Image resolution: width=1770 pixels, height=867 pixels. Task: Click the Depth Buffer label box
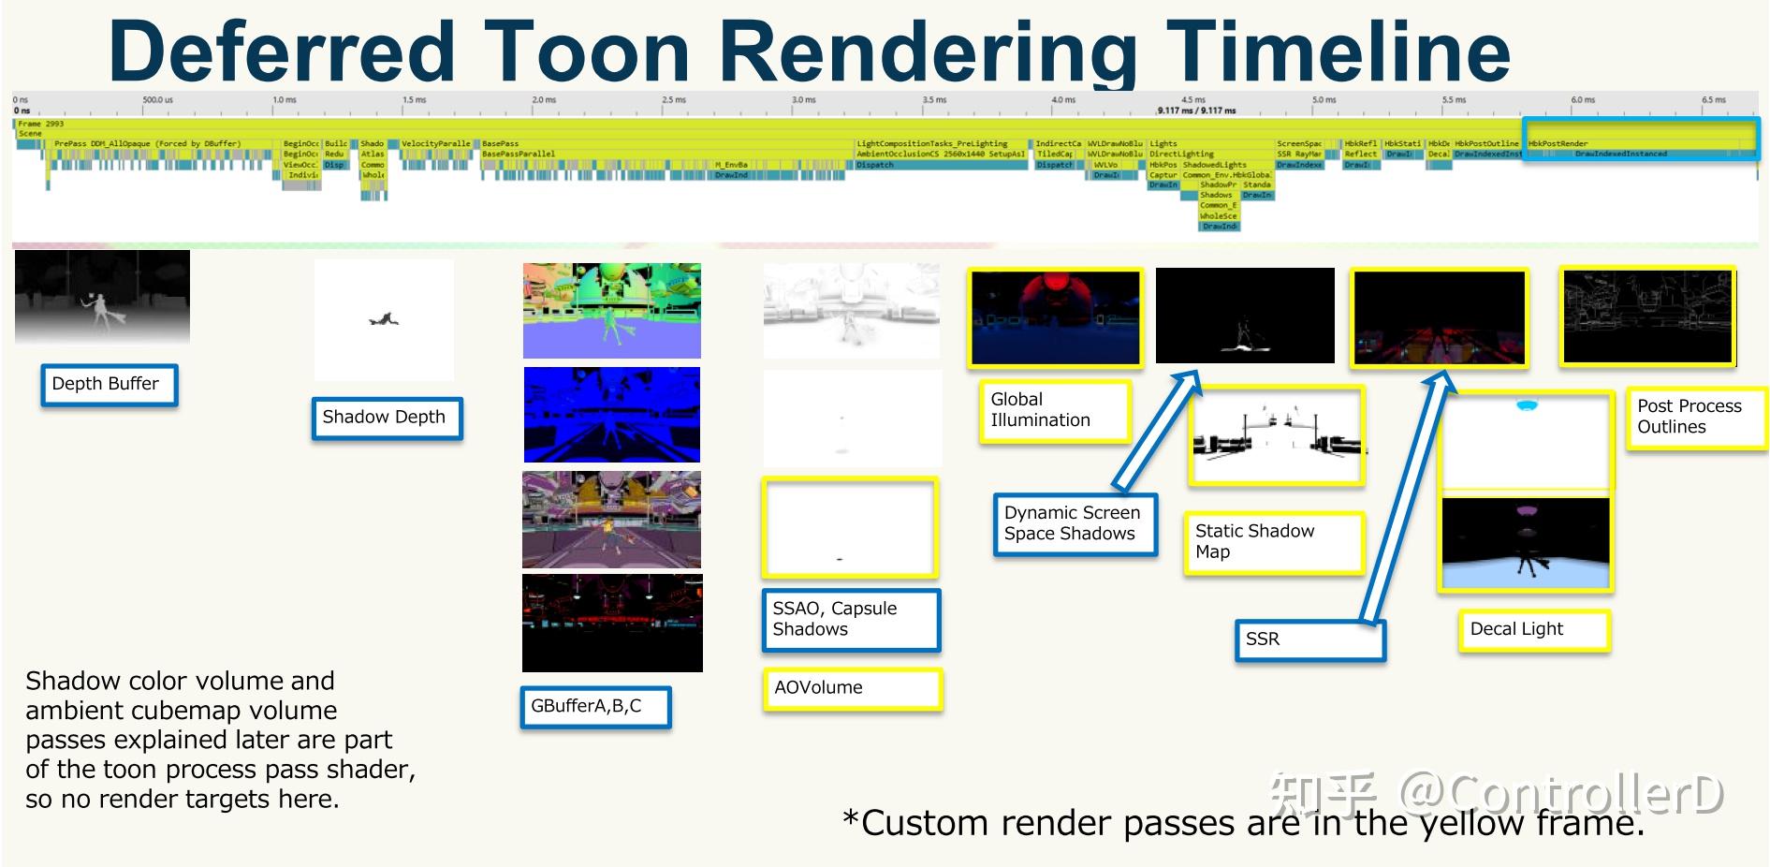click(x=109, y=385)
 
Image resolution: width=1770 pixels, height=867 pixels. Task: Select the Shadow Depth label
click(x=387, y=418)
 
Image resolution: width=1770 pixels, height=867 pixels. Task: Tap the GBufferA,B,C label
click(x=595, y=707)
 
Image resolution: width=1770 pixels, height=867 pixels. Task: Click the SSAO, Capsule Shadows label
click(x=851, y=620)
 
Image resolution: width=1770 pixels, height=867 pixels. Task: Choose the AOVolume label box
click(x=852, y=688)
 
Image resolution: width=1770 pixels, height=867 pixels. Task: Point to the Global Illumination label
click(x=1054, y=411)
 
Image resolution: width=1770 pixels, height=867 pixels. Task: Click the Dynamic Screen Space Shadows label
click(x=1075, y=523)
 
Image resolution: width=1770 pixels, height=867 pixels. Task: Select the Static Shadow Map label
click(x=1272, y=542)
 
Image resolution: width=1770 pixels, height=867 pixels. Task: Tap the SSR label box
click(x=1309, y=639)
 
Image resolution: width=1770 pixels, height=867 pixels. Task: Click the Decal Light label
click(x=1533, y=630)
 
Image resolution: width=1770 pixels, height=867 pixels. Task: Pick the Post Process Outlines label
click(x=1695, y=418)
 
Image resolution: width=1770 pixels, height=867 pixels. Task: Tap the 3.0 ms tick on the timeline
click(x=802, y=100)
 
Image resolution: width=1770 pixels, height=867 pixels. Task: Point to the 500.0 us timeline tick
click(x=157, y=100)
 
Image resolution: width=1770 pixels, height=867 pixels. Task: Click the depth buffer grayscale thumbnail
click(x=102, y=296)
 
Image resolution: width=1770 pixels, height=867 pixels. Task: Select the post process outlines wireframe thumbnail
click(x=1647, y=316)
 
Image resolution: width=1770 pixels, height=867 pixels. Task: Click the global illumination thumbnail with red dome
click(x=1055, y=316)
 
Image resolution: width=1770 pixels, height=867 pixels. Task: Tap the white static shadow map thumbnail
click(x=1276, y=435)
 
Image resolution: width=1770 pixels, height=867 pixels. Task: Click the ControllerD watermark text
click(x=1560, y=794)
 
